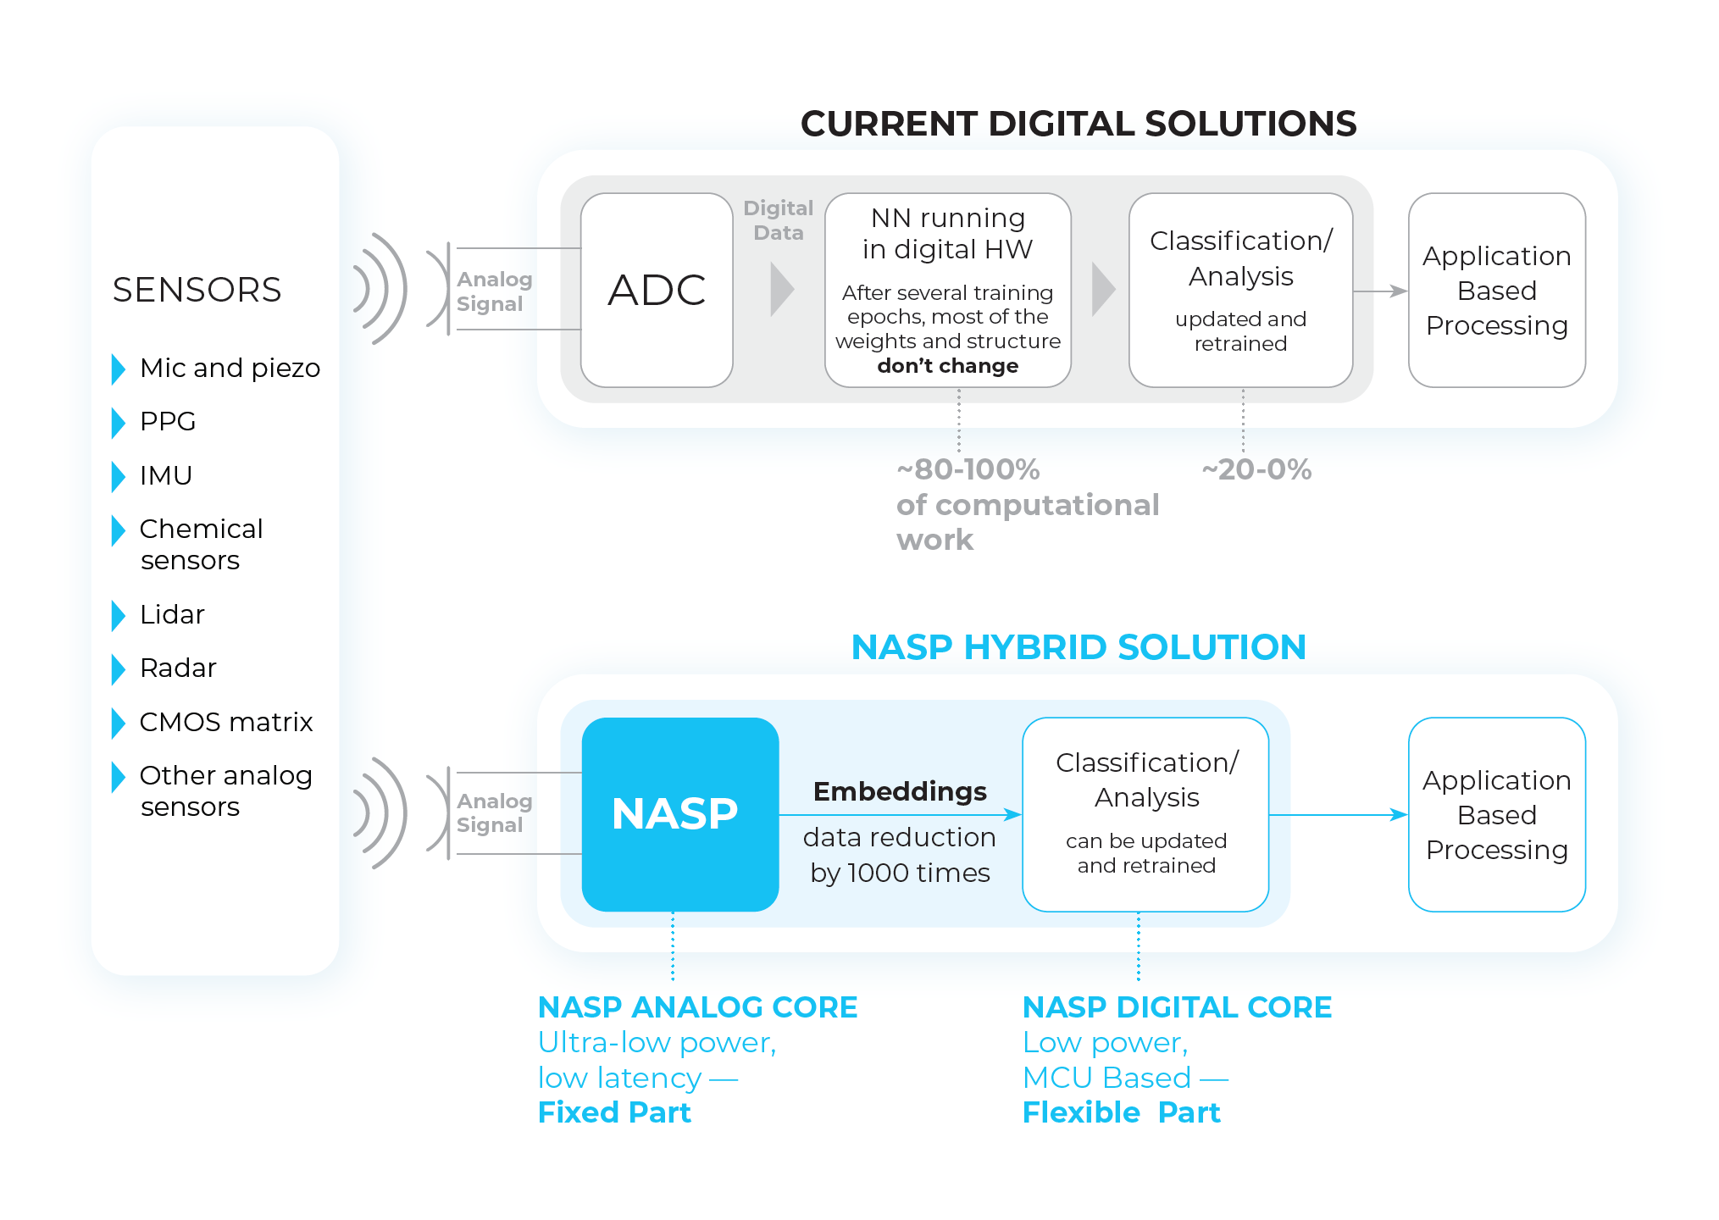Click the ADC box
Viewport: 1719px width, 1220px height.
tap(657, 290)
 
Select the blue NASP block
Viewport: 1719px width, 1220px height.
tap(679, 814)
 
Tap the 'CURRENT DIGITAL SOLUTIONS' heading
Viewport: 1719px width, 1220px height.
tap(1078, 124)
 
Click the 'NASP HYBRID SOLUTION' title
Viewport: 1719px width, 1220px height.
tap(1078, 647)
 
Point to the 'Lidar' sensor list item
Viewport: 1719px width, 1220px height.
tap(172, 614)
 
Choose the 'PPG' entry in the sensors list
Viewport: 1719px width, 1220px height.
tap(168, 421)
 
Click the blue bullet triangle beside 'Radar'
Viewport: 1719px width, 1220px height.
tap(119, 669)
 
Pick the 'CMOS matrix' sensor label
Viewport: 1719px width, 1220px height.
tap(226, 722)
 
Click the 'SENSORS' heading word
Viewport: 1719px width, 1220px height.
tap(197, 290)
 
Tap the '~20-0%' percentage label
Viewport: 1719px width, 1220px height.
tap(1256, 469)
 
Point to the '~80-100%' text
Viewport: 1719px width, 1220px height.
tap(968, 469)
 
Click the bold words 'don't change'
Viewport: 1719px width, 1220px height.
tap(947, 366)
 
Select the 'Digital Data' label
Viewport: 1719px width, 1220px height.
tap(778, 220)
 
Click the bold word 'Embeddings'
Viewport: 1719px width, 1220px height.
tap(900, 791)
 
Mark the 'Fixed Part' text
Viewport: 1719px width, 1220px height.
tap(614, 1112)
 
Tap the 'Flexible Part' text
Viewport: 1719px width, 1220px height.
tap(1121, 1112)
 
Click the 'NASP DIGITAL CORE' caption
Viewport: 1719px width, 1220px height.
tap(1177, 1007)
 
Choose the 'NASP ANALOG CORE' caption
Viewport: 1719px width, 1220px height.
tap(697, 1007)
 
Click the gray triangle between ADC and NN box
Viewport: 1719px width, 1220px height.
tap(781, 290)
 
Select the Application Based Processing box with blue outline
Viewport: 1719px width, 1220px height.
tap(1496, 814)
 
